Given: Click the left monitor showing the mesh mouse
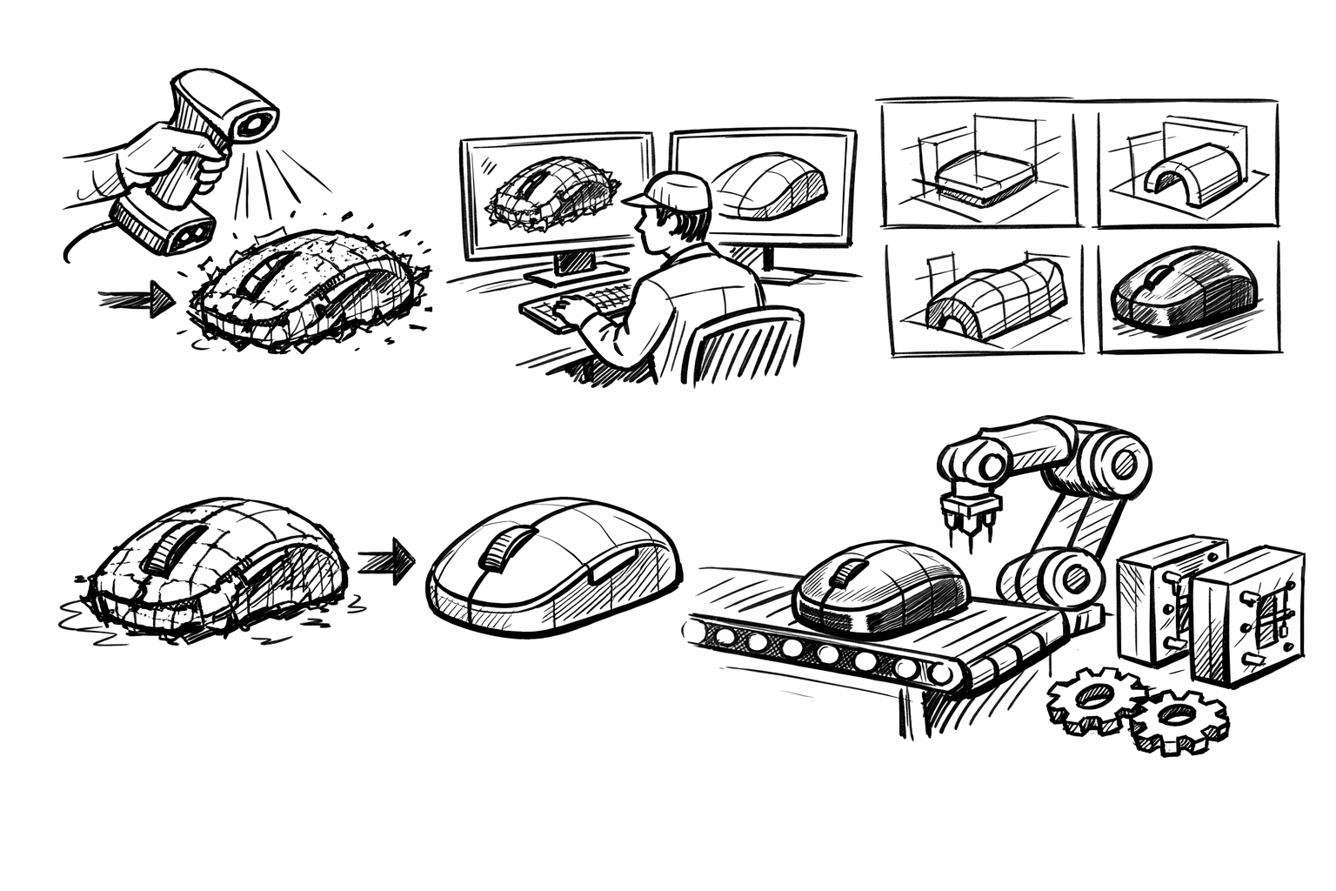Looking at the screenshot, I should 558,196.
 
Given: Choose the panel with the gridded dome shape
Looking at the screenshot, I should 983,298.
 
